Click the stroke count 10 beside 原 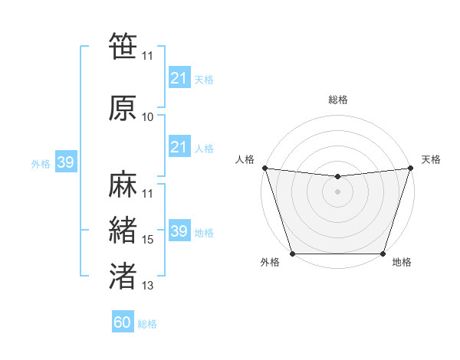point(147,117)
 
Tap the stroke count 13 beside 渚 point(147,286)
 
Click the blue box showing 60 point(123,322)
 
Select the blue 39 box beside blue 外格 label point(66,163)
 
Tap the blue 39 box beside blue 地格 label point(179,232)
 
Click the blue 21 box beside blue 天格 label point(179,78)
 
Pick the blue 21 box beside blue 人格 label point(179,147)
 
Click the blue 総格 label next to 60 point(147,324)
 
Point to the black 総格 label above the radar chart point(337,100)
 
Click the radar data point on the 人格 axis point(264,168)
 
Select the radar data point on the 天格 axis point(410,168)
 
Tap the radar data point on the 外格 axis point(292,254)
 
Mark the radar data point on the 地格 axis point(383,254)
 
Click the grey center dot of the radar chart point(337,191)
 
